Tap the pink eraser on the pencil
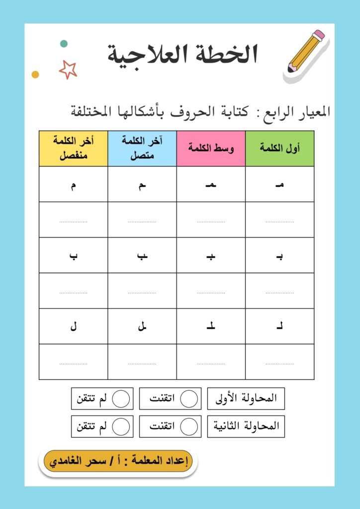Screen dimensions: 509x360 click(x=319, y=35)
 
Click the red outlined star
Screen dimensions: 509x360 click(x=68, y=69)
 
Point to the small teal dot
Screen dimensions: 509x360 click(x=64, y=44)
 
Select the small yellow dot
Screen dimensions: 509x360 click(x=35, y=75)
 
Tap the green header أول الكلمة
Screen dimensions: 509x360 click(x=279, y=149)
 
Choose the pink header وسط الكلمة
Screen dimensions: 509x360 click(x=211, y=149)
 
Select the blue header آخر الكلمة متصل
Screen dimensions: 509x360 click(x=142, y=148)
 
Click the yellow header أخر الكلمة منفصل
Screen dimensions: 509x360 click(x=73, y=148)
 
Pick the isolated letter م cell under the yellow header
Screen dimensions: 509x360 click(x=73, y=184)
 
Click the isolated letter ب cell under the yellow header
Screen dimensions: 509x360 click(x=73, y=255)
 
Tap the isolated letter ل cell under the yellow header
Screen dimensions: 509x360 click(x=73, y=327)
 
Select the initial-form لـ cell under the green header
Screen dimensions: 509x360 click(x=279, y=327)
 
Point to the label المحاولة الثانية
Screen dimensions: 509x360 click(x=247, y=426)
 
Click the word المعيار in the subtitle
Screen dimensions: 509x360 click(x=308, y=112)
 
